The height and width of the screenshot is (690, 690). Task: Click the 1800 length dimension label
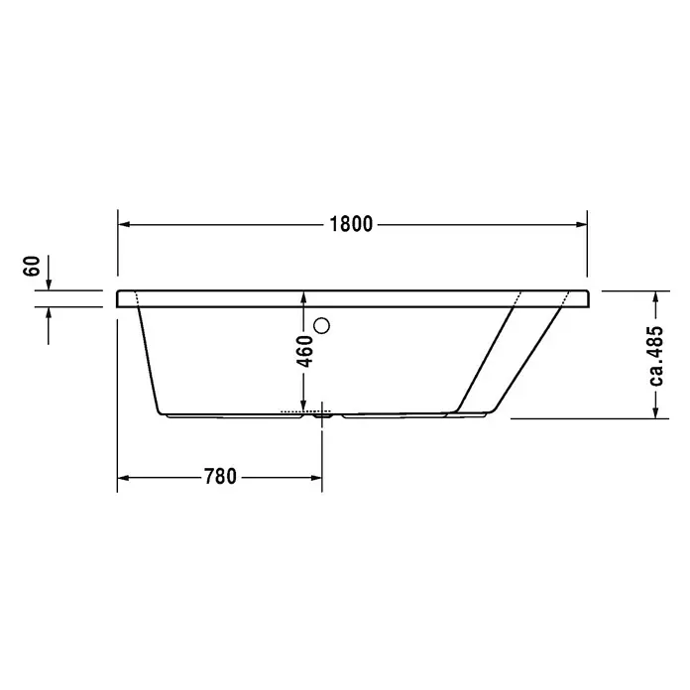351,224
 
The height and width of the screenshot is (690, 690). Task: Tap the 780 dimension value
220,477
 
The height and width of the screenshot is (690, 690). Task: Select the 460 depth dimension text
304,351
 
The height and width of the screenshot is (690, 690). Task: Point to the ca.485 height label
655,356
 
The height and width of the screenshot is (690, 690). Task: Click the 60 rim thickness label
32,266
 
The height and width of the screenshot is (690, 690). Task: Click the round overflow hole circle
321,325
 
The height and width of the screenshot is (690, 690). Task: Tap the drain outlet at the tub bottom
322,415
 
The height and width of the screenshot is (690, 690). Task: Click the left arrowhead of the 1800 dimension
124,224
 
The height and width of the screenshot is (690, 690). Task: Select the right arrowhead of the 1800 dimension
581,224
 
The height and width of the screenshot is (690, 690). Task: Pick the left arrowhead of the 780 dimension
123,478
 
